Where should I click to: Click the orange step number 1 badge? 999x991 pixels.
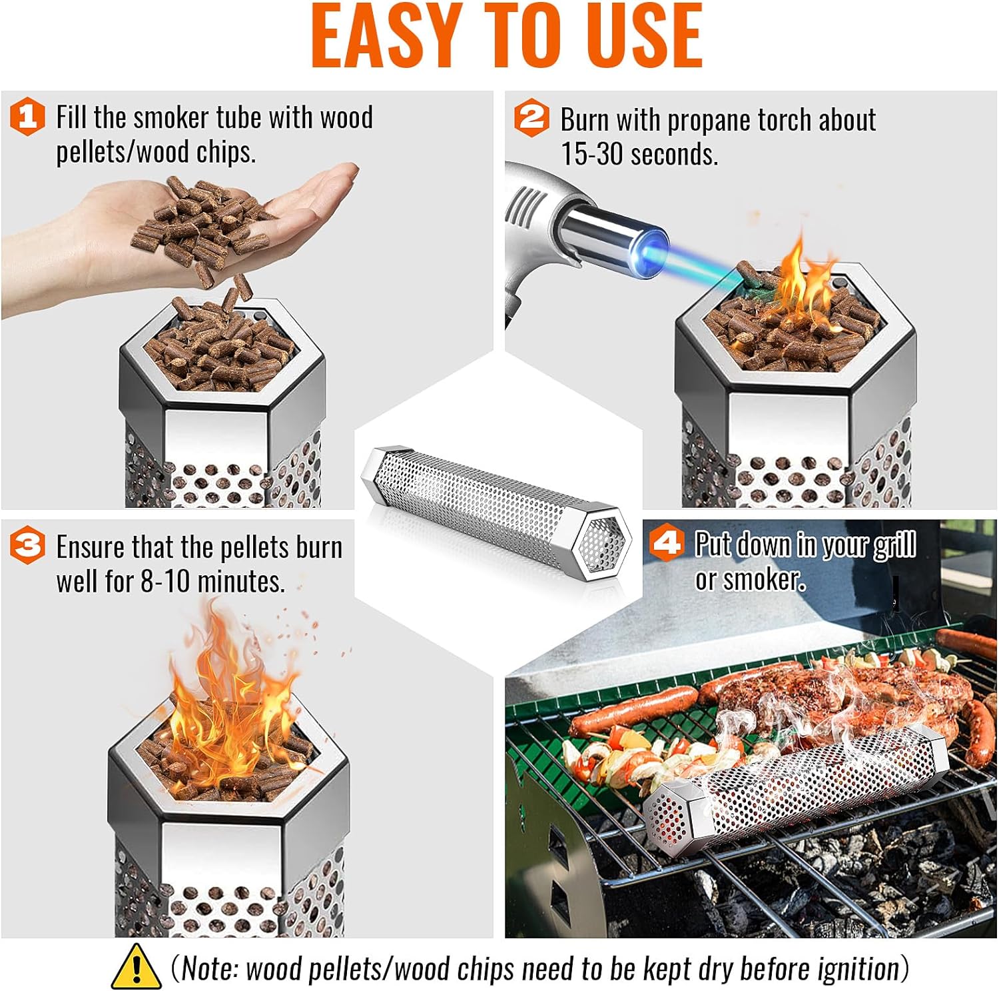coord(27,117)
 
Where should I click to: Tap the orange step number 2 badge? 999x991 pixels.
coord(531,119)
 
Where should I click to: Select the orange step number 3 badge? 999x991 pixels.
coord(27,546)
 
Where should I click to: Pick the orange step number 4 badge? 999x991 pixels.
coord(667,543)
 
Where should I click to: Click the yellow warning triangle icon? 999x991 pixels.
coord(135,966)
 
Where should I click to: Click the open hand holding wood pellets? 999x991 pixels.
coord(200,213)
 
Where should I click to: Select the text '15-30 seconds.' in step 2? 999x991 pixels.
coord(639,155)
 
